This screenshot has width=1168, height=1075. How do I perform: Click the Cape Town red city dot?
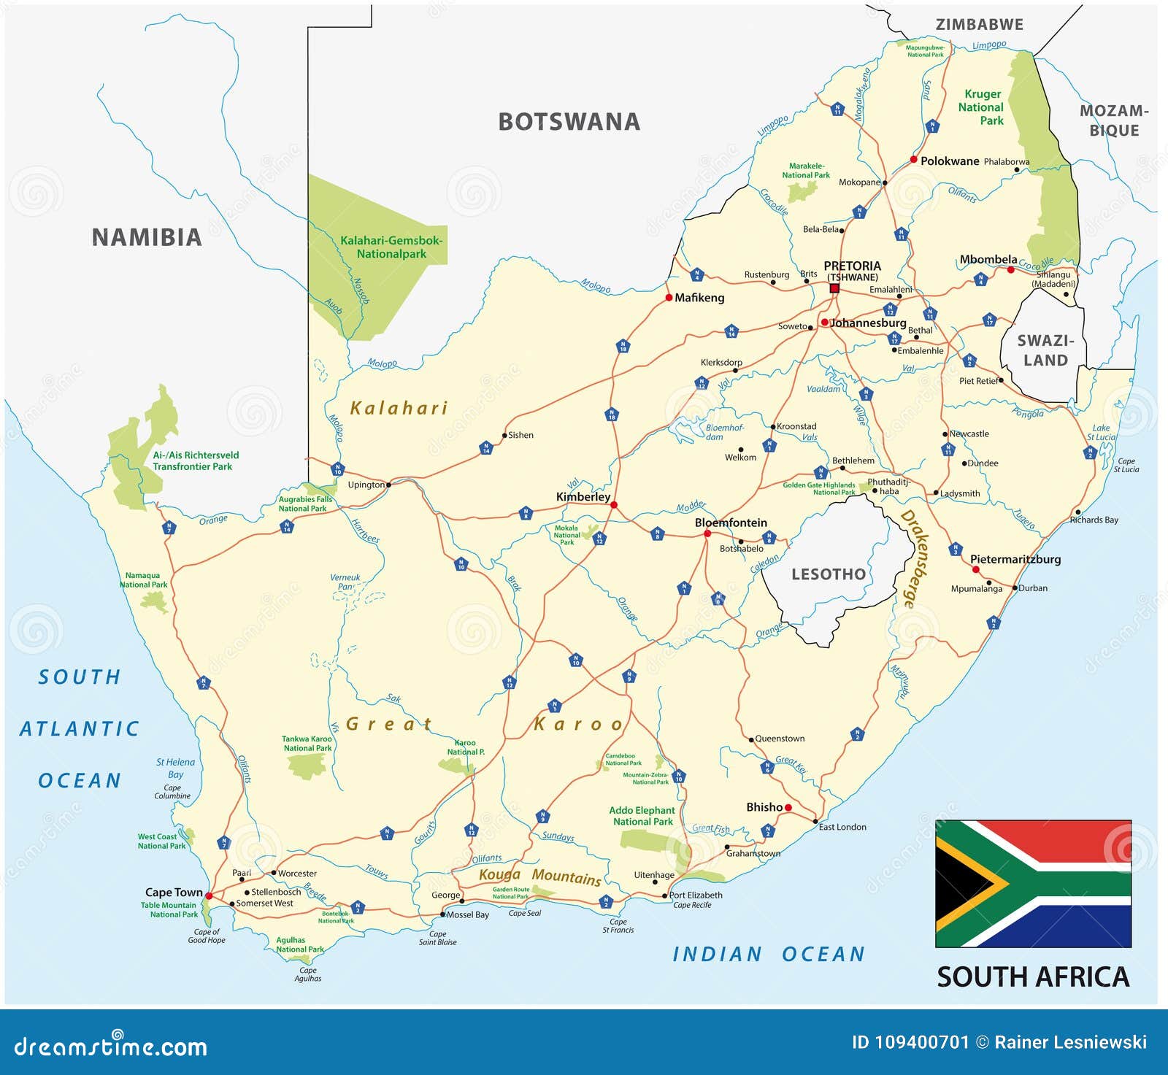click(209, 895)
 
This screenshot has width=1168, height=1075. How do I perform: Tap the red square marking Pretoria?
click(834, 288)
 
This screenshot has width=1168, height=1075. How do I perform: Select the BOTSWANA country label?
click(569, 122)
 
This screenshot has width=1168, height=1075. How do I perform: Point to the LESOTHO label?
click(829, 574)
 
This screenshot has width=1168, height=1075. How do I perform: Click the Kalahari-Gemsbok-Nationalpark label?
click(391, 247)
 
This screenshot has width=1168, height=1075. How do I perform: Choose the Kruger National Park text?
click(982, 107)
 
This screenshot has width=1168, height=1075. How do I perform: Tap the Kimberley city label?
click(583, 497)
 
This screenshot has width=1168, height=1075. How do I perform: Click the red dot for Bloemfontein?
click(707, 534)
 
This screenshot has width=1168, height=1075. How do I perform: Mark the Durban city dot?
click(1015, 587)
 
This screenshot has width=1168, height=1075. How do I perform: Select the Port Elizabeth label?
click(696, 895)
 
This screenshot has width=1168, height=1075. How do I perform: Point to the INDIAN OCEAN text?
click(769, 955)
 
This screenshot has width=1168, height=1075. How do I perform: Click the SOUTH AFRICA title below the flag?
click(1033, 977)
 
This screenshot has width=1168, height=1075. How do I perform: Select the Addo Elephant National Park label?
click(642, 816)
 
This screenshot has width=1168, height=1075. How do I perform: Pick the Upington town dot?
click(388, 485)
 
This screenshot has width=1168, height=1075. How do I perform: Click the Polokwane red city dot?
click(913, 159)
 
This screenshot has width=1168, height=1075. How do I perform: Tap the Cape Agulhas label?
click(307, 974)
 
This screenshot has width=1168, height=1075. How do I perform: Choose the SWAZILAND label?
click(1045, 350)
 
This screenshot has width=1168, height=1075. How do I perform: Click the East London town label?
click(842, 827)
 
